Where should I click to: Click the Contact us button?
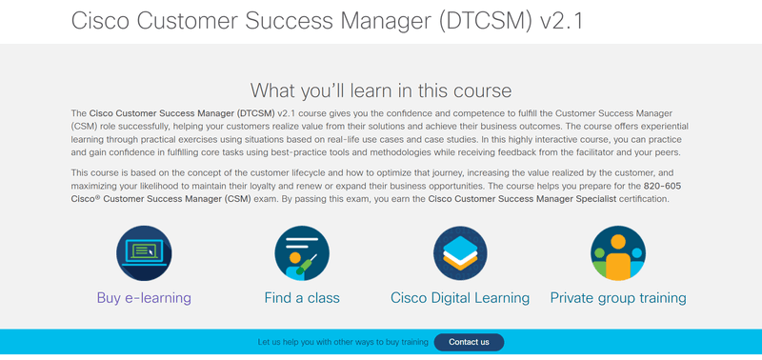point(469,342)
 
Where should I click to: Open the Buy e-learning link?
point(144,298)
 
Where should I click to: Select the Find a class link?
point(302,298)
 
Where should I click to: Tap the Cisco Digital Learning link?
point(460,298)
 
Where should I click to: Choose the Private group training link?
point(618,298)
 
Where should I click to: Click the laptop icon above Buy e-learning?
point(144,253)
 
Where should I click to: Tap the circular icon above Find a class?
point(302,253)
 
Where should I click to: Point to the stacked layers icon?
point(460,253)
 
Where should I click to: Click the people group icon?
point(618,253)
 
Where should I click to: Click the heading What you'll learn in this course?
point(381,90)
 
